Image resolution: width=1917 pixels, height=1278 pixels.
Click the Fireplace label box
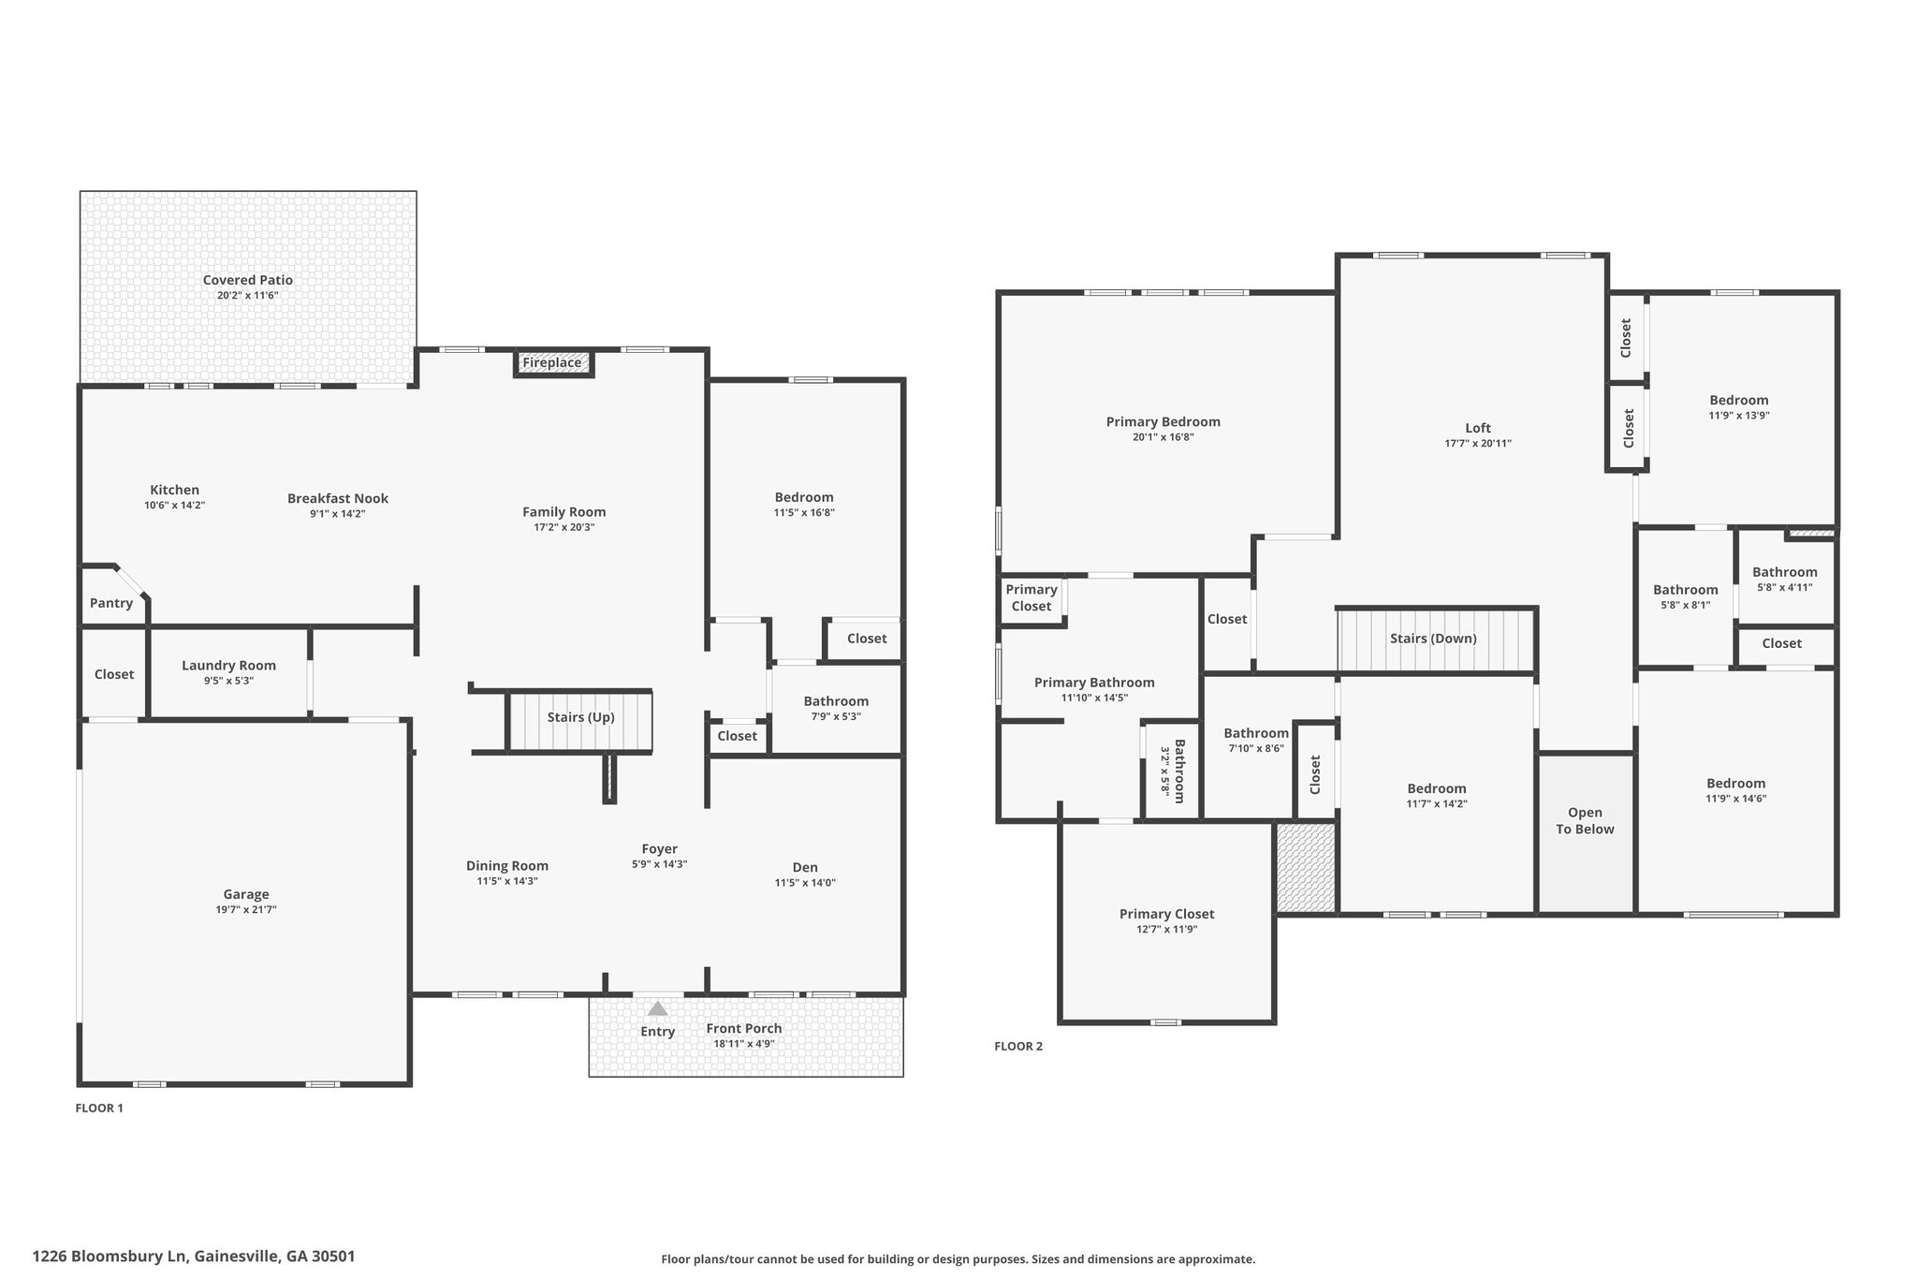pos(553,363)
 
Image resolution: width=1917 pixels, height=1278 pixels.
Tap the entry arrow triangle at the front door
pos(658,1008)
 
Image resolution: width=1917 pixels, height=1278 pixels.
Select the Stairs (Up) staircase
pos(580,721)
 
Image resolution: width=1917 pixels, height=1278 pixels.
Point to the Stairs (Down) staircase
pos(1437,639)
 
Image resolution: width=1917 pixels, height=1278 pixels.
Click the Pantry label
pos(111,603)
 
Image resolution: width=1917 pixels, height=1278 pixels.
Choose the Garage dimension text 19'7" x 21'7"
pos(246,909)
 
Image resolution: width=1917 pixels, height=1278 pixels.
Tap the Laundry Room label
pos(228,666)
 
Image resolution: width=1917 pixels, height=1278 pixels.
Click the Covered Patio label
pos(248,280)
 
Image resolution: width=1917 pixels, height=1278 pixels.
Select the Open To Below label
pos(1585,820)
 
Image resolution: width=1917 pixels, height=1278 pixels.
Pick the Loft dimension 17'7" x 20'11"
pos(1478,444)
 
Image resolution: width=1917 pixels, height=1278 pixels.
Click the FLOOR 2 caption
pos(1018,1047)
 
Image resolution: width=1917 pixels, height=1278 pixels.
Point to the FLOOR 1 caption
pos(99,1109)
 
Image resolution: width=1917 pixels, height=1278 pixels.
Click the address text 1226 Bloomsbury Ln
pos(111,1256)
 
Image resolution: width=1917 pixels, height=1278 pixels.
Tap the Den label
pos(805,867)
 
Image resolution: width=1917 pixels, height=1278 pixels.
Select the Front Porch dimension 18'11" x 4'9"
pos(744,1043)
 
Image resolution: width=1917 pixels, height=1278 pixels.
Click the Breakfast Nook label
pos(338,498)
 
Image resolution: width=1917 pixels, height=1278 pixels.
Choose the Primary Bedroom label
pos(1163,421)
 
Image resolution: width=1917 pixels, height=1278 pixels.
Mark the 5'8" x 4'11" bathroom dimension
pos(1785,588)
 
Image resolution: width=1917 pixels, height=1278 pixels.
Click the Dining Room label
pos(507,866)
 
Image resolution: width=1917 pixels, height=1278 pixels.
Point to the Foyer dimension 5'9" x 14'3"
pos(660,864)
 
